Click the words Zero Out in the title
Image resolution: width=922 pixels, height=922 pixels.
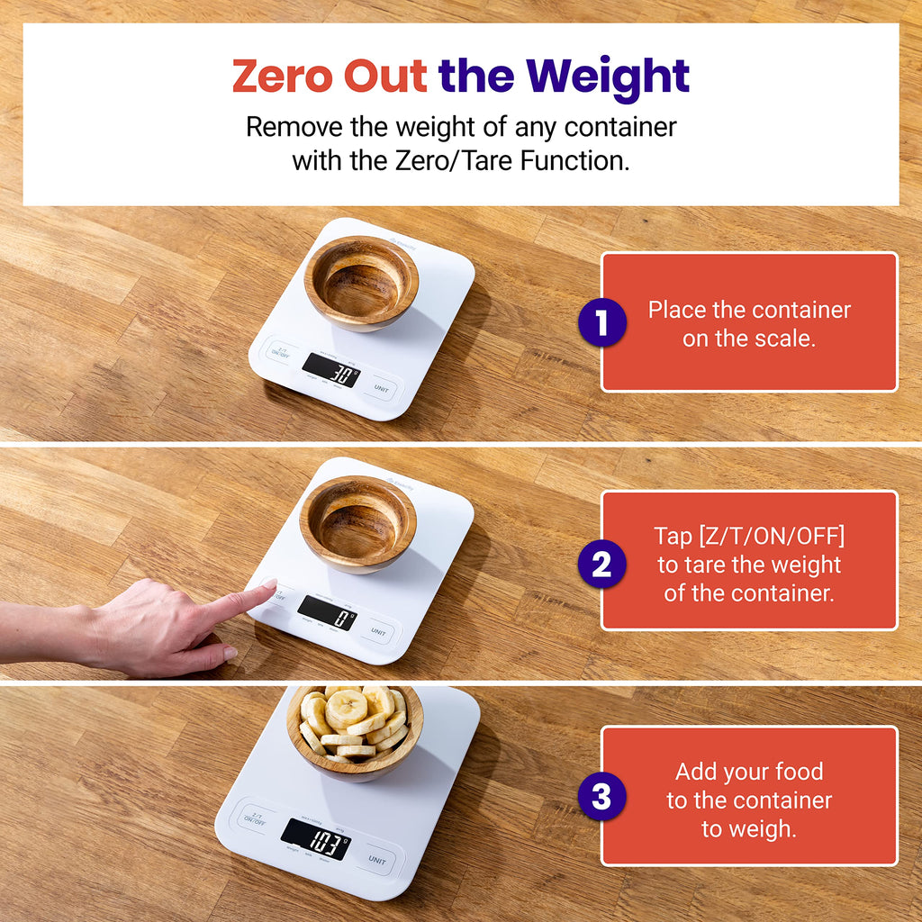pyautogui.click(x=329, y=76)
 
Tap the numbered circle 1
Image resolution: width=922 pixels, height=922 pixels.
pyautogui.click(x=601, y=323)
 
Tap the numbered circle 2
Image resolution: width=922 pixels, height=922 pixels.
pyautogui.click(x=601, y=565)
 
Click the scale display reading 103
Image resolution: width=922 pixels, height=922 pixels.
pyautogui.click(x=316, y=839)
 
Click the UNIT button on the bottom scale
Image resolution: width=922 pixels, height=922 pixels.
pyautogui.click(x=377, y=859)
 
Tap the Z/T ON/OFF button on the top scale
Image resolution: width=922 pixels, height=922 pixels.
pyautogui.click(x=282, y=352)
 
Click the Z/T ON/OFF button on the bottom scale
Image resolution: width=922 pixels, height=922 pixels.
pyautogui.click(x=253, y=818)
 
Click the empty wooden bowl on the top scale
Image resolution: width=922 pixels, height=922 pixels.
pyautogui.click(x=361, y=282)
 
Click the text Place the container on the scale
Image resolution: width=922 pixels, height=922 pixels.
pyautogui.click(x=749, y=324)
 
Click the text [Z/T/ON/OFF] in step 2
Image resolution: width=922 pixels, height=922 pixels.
pyautogui.click(x=749, y=537)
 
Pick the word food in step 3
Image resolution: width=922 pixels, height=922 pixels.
pyautogui.click(x=799, y=772)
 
